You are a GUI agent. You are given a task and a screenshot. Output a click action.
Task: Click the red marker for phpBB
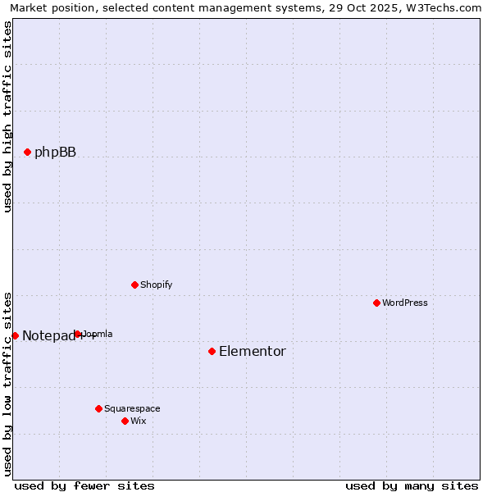(x=27, y=152)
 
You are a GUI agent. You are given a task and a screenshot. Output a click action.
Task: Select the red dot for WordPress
(x=376, y=303)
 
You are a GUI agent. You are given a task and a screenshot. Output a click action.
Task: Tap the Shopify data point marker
(x=134, y=285)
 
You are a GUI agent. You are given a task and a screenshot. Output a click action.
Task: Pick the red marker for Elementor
(x=212, y=351)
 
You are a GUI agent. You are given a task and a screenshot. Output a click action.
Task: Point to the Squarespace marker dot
(x=98, y=408)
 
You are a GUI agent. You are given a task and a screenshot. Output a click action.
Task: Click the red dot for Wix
(x=125, y=421)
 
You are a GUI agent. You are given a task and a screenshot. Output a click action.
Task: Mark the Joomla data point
(x=77, y=334)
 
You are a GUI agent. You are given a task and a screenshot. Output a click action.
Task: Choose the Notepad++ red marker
(x=15, y=335)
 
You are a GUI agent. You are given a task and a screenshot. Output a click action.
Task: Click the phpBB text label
(x=55, y=152)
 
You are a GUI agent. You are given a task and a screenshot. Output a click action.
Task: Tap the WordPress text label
(x=405, y=303)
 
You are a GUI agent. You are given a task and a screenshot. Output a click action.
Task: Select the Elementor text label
(x=253, y=351)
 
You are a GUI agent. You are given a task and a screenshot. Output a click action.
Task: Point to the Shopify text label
(x=156, y=285)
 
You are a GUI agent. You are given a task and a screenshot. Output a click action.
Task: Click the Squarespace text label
(x=132, y=408)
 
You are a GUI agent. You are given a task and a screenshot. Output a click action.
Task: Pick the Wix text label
(x=139, y=421)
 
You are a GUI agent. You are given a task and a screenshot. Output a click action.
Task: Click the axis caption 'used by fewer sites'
(x=84, y=485)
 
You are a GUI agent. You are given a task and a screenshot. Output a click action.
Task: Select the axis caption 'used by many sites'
(x=412, y=485)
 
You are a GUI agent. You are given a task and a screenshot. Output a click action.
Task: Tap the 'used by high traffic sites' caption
(x=8, y=116)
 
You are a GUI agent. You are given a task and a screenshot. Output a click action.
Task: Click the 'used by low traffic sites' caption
(x=8, y=383)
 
